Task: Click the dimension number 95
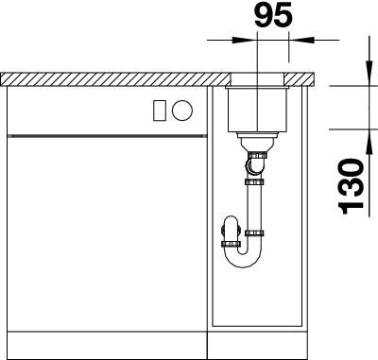point(273,16)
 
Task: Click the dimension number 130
point(351,187)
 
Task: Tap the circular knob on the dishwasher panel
point(182,111)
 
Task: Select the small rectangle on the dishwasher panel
point(159,111)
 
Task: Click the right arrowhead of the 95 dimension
point(301,40)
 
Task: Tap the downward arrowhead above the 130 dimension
point(369,73)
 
